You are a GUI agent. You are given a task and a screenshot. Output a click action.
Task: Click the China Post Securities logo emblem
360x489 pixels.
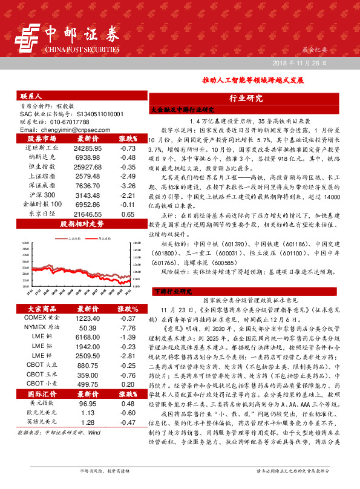tap(30, 36)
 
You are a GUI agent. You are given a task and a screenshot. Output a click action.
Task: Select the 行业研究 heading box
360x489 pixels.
tap(246, 99)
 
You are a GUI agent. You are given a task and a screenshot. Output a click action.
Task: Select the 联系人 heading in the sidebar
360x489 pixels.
tap(31, 96)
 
